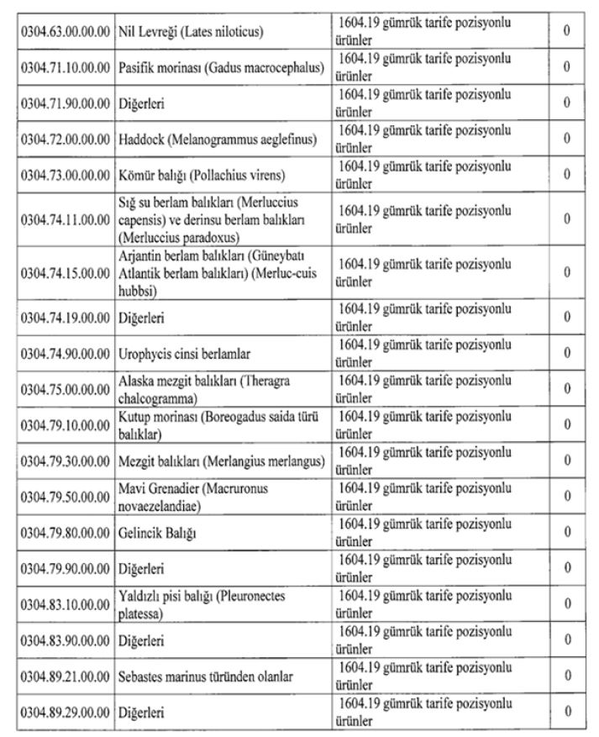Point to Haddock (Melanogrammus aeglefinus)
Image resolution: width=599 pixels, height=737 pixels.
click(x=217, y=138)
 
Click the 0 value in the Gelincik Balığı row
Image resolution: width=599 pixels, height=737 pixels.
click(x=568, y=533)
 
